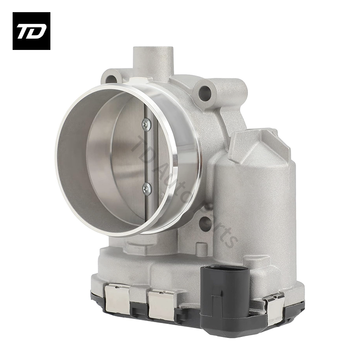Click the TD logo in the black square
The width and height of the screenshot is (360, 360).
[31, 31]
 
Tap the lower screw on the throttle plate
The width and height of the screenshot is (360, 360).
[146, 189]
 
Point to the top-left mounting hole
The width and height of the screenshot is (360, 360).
[110, 80]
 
